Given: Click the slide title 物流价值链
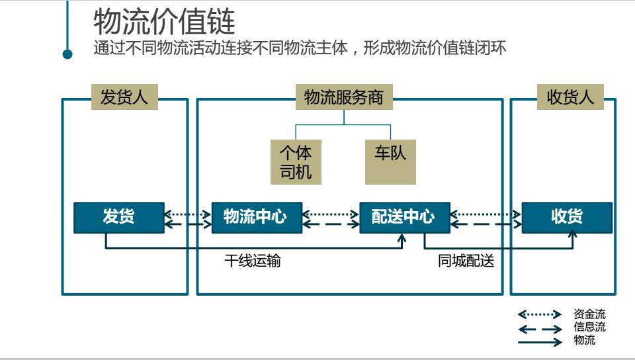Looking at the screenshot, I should [x=164, y=21].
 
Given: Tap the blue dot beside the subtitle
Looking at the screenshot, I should [x=67, y=54].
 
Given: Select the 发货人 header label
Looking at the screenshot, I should [x=124, y=97].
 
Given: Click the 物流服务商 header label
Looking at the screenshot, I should [x=343, y=97].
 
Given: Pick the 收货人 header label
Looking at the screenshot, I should [x=570, y=97].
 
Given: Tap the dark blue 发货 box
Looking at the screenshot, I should [x=119, y=217].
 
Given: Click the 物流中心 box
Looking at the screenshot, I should [x=257, y=217].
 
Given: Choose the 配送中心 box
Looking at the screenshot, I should [x=404, y=217].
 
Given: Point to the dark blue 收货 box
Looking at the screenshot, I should [x=567, y=217].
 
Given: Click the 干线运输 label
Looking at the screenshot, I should [x=252, y=261].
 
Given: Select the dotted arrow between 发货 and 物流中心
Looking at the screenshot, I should [x=188, y=214].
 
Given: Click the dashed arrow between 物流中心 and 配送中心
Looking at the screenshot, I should [x=331, y=224].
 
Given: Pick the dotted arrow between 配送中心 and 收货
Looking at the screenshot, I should [x=486, y=214].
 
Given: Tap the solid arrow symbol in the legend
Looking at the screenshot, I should [x=539, y=342].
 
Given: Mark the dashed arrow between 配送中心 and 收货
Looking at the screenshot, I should [x=486, y=224].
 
